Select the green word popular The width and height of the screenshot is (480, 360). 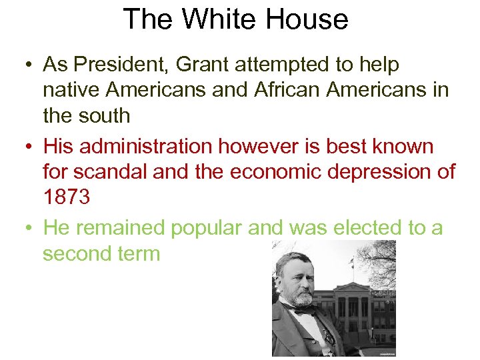[x=207, y=228]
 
